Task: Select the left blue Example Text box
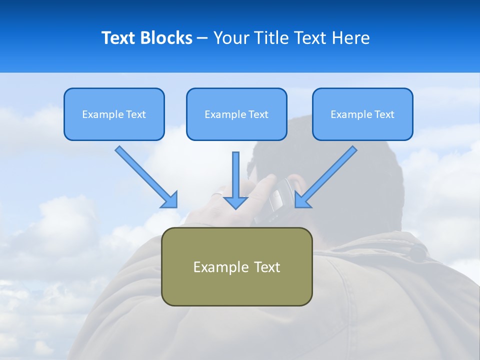click(x=114, y=114)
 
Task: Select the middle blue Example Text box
click(x=236, y=114)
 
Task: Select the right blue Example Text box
click(x=362, y=114)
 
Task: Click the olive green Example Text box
click(x=236, y=266)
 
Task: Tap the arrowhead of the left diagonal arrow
click(x=170, y=200)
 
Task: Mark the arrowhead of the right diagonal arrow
click(x=302, y=200)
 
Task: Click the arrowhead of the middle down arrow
click(x=235, y=202)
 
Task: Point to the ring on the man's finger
click(x=217, y=193)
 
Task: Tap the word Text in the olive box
click(x=267, y=266)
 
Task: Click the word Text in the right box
click(x=384, y=114)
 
